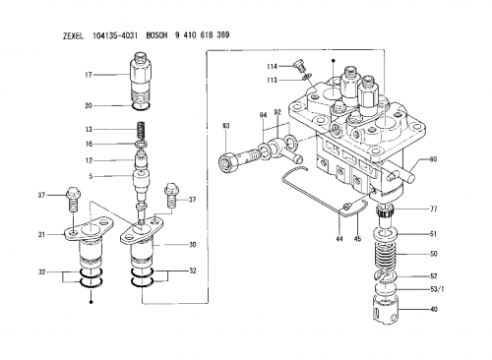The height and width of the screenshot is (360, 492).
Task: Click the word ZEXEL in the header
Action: coord(73,35)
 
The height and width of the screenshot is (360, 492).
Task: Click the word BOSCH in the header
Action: coord(156,35)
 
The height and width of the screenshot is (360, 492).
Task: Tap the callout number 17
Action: coord(89,75)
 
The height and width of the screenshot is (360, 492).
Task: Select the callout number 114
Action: coord(272,67)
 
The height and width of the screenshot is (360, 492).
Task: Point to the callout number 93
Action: coord(225,126)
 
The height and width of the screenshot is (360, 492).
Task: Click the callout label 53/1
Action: coord(437,289)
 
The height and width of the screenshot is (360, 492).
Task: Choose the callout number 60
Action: coord(433,159)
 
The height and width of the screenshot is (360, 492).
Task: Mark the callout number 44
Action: coord(339,239)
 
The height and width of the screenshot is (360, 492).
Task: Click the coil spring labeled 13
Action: coord(141,130)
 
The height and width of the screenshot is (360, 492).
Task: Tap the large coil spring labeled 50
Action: coord(386,254)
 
